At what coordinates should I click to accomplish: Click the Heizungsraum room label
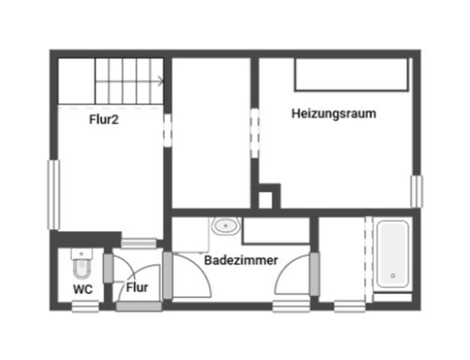coord(333,114)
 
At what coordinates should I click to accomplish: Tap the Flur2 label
coord(104,118)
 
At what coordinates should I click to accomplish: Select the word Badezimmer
coord(241,260)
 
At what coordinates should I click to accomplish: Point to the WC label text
coord(83,288)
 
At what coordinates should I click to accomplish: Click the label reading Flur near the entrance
coord(137,287)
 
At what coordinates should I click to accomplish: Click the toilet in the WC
coord(80,262)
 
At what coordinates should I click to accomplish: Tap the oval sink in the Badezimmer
coord(225,226)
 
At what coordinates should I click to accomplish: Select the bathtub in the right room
coord(393,255)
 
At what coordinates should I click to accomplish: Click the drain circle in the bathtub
coord(393,277)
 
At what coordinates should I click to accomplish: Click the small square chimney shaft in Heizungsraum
coord(265,199)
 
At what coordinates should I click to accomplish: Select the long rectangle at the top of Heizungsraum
coord(351,74)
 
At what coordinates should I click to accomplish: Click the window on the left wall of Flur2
coord(53,194)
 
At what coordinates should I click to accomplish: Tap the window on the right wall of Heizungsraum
coord(416,190)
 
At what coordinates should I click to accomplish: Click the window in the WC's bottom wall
coord(85,305)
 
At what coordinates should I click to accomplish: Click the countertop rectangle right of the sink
coord(276,232)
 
